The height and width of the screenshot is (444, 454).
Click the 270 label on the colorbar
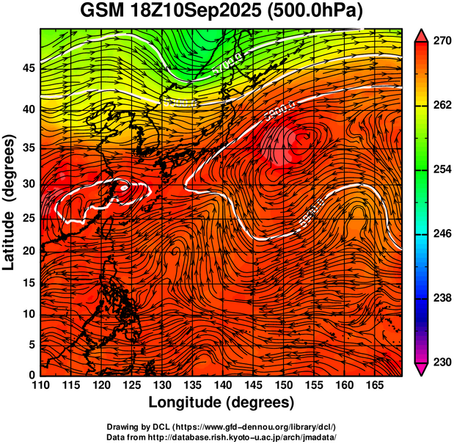[x=442, y=42]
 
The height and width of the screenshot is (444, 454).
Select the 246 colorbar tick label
[x=442, y=234]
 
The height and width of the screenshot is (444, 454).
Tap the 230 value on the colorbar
[x=442, y=362]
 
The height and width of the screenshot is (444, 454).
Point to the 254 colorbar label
[x=442, y=170]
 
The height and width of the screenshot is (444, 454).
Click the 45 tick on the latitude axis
[x=27, y=68]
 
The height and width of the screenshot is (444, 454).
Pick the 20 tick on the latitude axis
[x=27, y=250]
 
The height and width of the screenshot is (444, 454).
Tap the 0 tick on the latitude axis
[x=31, y=375]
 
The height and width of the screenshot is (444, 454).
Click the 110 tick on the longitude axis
[x=40, y=385]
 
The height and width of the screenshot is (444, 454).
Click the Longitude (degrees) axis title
[x=221, y=402]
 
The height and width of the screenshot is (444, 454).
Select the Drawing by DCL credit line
[x=221, y=426]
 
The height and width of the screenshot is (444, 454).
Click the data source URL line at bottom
[x=221, y=437]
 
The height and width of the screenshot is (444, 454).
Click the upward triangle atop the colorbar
[x=422, y=34]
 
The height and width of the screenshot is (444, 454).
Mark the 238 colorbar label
[x=442, y=298]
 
